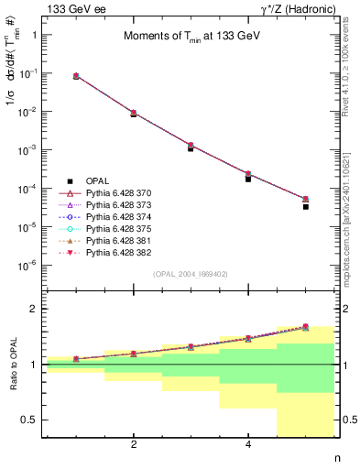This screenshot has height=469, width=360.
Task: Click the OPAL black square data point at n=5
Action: (x=305, y=207)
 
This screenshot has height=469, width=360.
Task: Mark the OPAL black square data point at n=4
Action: (x=248, y=179)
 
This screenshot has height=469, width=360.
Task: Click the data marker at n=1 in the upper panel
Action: (x=76, y=76)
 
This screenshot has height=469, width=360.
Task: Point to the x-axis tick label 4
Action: (x=248, y=445)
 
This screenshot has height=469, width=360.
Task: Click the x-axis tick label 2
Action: (x=134, y=445)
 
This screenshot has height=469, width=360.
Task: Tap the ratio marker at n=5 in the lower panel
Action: (x=305, y=326)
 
